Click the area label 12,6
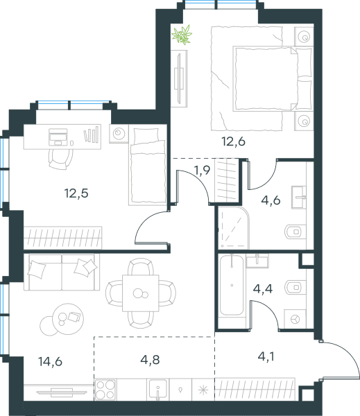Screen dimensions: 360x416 click(234, 141)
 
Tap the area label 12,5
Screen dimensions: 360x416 click(76, 193)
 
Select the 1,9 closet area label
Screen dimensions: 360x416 click(203, 170)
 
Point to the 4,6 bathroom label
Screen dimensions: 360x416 click(271, 200)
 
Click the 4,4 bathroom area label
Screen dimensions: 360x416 click(263, 288)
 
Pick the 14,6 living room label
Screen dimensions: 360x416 click(50, 361)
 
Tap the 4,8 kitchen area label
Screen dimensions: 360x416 click(150, 360)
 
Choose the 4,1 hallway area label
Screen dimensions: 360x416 click(266, 356)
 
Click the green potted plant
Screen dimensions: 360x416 click(182, 35)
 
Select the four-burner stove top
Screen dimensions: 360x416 click(105, 390)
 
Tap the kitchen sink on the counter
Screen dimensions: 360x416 click(157, 390)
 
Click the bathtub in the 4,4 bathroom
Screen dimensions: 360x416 click(232, 285)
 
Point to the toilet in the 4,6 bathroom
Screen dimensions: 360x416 click(295, 232)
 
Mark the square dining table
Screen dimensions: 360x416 click(140, 293)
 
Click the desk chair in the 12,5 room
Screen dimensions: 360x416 click(61, 158)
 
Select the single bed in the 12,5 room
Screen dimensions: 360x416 click(148, 165)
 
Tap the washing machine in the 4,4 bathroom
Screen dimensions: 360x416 click(295, 319)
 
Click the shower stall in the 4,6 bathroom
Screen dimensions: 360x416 click(234, 228)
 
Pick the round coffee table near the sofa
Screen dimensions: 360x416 click(68, 319)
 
